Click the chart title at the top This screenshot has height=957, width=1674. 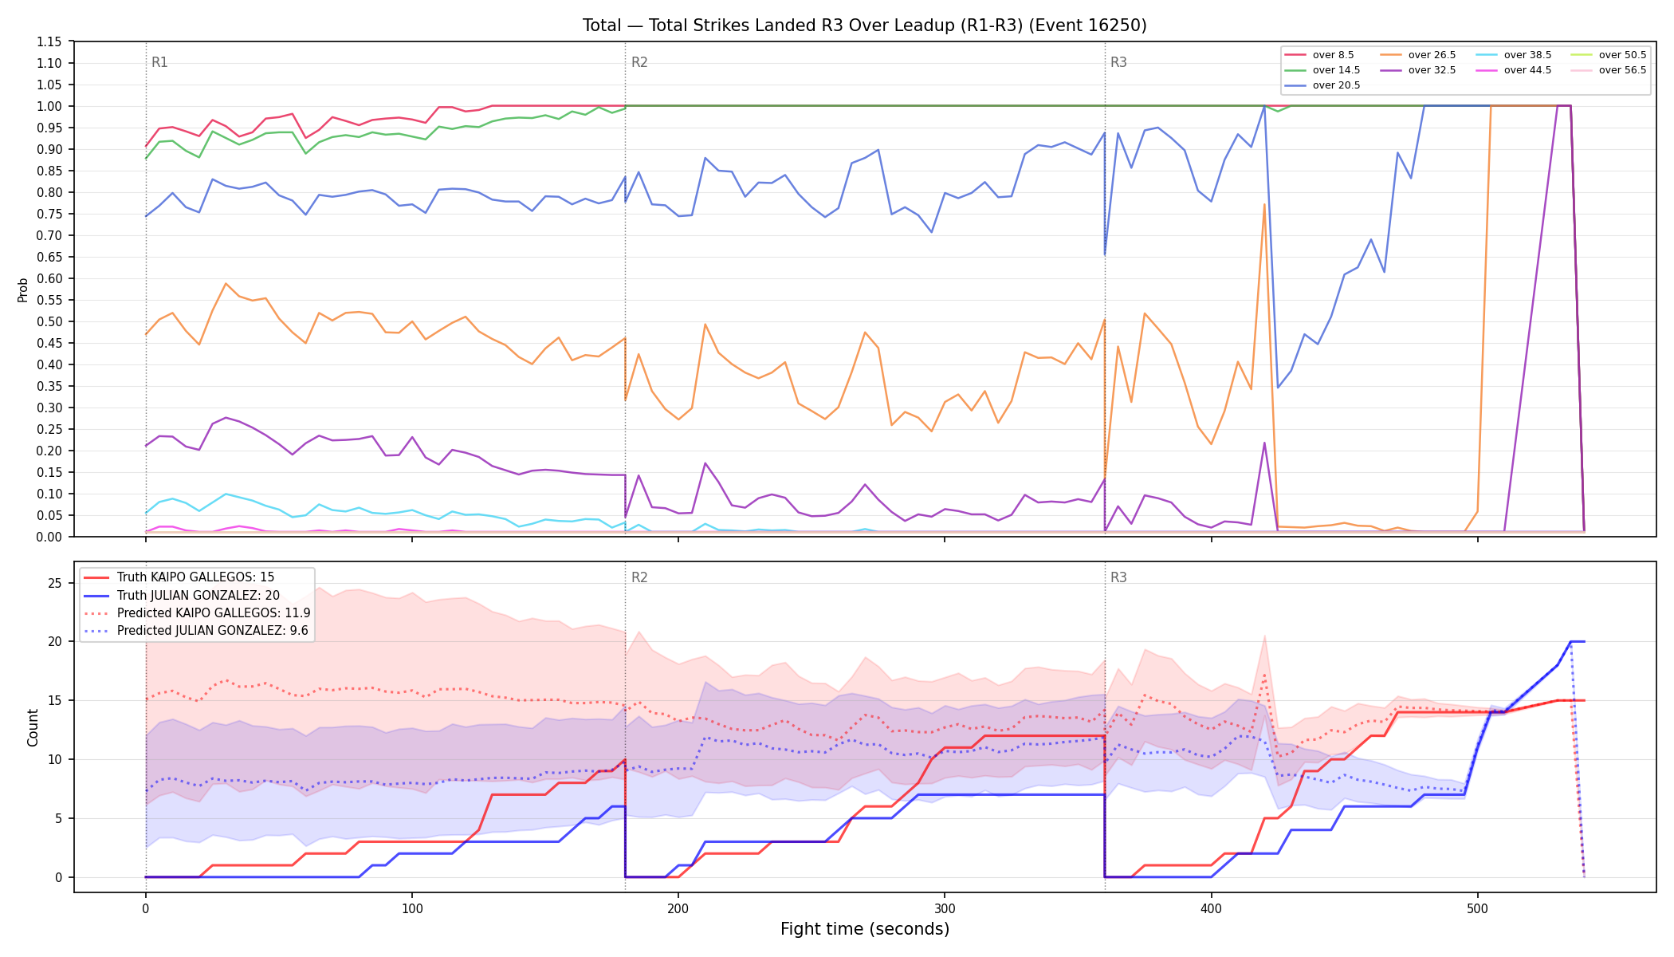pyautogui.click(x=865, y=26)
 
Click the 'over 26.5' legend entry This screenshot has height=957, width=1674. pyautogui.click(x=1418, y=55)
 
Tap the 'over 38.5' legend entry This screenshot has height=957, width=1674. pyautogui.click(x=1514, y=55)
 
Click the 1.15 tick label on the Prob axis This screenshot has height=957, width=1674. pyautogui.click(x=49, y=41)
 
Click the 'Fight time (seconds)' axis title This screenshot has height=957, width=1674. pyautogui.click(x=865, y=929)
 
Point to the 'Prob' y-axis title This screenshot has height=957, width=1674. pyautogui.click(x=23, y=289)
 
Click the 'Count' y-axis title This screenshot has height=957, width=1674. pyautogui.click(x=33, y=727)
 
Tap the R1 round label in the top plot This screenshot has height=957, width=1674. pyautogui.click(x=159, y=62)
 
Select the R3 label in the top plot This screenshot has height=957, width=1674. pyautogui.click(x=1118, y=62)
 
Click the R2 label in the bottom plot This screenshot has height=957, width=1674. pyautogui.click(x=639, y=577)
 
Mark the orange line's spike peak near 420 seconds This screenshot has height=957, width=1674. pyautogui.click(x=1264, y=204)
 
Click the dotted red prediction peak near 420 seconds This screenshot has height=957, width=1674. pyautogui.click(x=1264, y=675)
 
